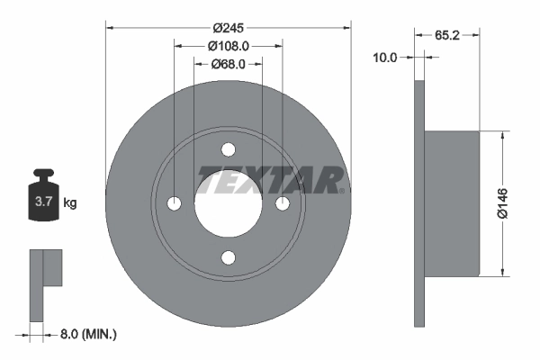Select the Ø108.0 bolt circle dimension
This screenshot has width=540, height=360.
tap(228, 45)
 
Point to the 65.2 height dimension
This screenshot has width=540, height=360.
tap(447, 36)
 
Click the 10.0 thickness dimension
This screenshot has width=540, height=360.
tap(385, 57)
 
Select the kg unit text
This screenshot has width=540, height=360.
tap(70, 203)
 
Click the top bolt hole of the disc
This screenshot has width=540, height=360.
tap(229, 148)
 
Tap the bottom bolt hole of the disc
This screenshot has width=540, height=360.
tap(229, 258)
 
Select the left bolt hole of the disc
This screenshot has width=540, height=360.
tap(174, 203)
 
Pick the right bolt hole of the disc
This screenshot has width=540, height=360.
tap(283, 203)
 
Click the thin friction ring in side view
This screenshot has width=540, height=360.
tap(418, 203)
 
